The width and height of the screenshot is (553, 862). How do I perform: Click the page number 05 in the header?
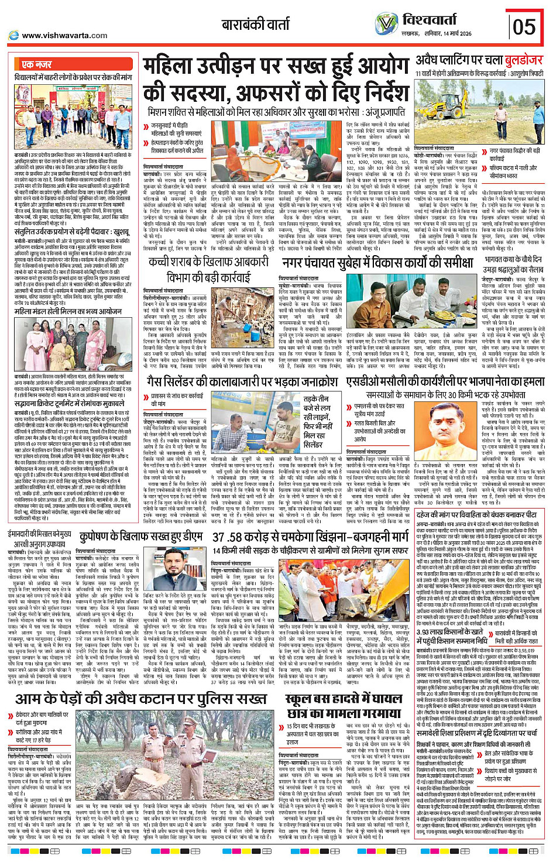524,27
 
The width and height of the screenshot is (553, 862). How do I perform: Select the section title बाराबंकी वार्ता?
255,25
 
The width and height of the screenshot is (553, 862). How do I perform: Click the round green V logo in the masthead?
386,23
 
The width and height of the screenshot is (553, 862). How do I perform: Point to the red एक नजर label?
36,64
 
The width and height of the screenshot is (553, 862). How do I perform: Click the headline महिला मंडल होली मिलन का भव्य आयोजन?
68,311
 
